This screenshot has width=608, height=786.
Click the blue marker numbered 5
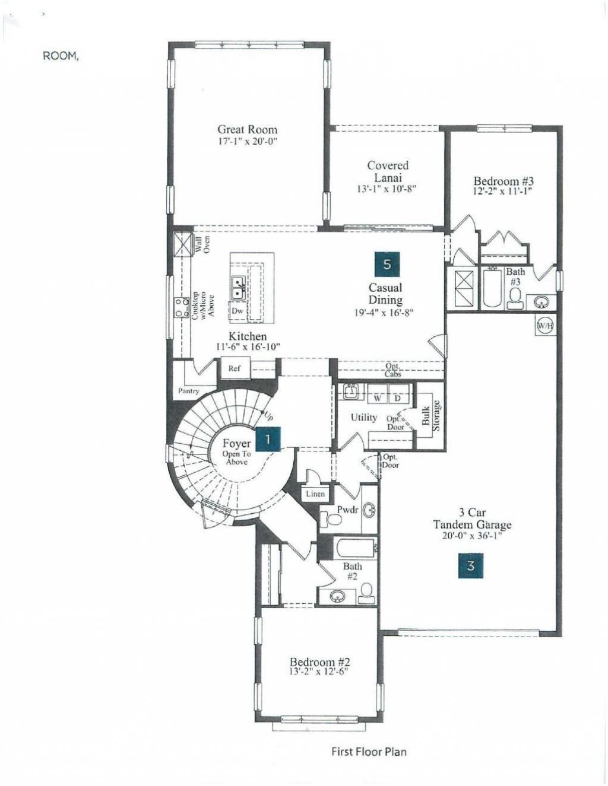click(387, 264)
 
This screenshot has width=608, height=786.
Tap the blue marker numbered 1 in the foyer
click(268, 439)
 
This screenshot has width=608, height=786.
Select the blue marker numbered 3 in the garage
click(470, 565)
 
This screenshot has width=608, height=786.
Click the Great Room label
click(247, 129)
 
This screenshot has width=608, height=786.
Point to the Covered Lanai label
click(388, 171)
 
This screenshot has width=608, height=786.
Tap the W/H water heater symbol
click(545, 326)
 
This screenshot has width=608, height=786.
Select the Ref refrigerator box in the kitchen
click(235, 368)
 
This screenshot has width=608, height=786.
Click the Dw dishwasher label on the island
click(237, 310)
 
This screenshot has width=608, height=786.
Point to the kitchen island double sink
click(239, 288)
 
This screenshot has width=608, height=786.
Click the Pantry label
click(188, 391)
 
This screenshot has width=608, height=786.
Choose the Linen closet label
click(315, 494)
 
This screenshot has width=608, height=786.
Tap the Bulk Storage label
click(431, 413)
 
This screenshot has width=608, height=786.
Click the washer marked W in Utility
click(377, 398)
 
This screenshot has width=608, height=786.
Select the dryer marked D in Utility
click(398, 398)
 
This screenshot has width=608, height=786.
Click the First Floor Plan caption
click(369, 752)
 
